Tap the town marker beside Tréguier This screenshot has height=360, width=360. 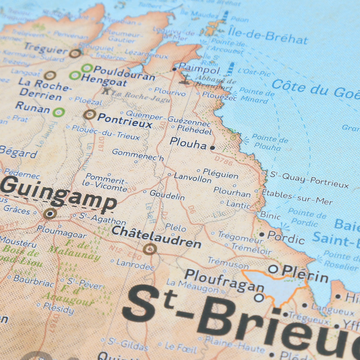[x=75, y=53]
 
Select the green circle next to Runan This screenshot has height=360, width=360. [x=59, y=112]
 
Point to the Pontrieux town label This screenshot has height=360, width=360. [x=124, y=120]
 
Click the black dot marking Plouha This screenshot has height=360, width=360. [x=212, y=148]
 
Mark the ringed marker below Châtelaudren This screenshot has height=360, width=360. [x=150, y=249]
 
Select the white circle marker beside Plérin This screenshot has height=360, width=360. [x=273, y=269]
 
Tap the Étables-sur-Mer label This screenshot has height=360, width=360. [x=297, y=197]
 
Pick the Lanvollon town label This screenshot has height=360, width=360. [x=193, y=178]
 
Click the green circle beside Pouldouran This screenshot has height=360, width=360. [x=87, y=68]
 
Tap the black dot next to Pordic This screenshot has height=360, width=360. [x=262, y=234]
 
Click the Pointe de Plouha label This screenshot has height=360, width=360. [x=269, y=142]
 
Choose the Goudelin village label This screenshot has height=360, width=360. [x=167, y=195]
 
